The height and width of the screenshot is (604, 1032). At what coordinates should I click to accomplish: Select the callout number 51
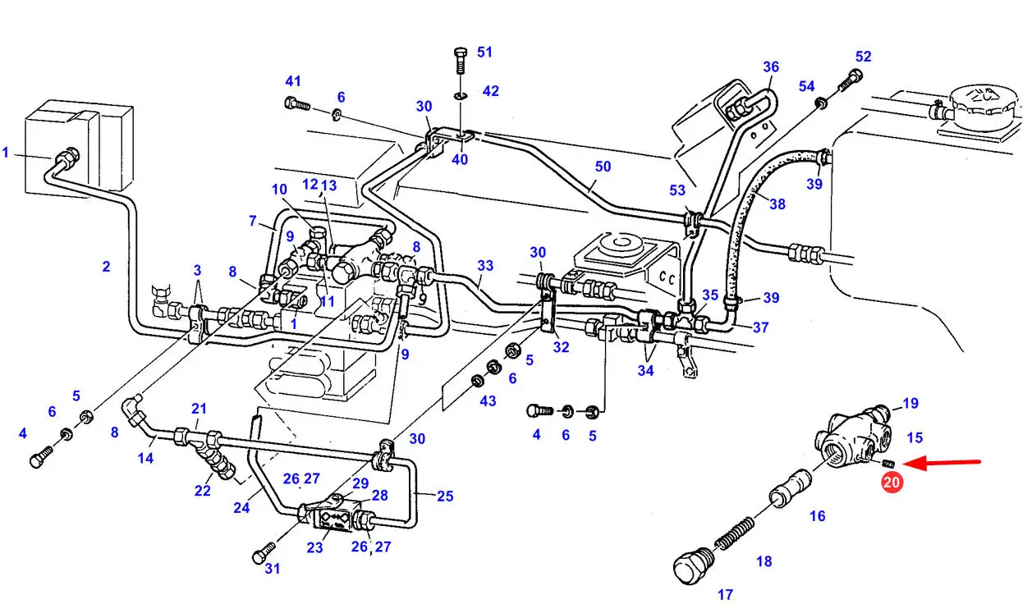pyautogui.click(x=484, y=53)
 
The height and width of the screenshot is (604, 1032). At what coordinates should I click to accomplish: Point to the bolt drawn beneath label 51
pyautogui.click(x=460, y=62)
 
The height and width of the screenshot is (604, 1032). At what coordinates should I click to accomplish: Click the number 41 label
pyautogui.click(x=293, y=80)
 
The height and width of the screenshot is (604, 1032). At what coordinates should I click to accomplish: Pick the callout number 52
pyautogui.click(x=863, y=57)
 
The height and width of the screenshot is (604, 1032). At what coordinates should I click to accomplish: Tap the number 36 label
pyautogui.click(x=770, y=67)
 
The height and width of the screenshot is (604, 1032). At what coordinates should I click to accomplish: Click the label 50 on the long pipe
pyautogui.click(x=603, y=167)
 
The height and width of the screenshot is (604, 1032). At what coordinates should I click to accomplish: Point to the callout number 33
pyautogui.click(x=485, y=265)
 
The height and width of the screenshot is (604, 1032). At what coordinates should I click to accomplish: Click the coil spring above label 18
pyautogui.click(x=735, y=533)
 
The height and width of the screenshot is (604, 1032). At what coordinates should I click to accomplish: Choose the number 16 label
pyautogui.click(x=817, y=516)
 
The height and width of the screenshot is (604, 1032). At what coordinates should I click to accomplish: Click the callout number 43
pyautogui.click(x=488, y=400)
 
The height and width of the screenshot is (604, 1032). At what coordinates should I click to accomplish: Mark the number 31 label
pyautogui.click(x=273, y=568)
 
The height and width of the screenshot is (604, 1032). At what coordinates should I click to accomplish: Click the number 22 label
pyautogui.click(x=202, y=491)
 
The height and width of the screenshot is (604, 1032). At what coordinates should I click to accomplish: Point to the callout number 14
pyautogui.click(x=145, y=458)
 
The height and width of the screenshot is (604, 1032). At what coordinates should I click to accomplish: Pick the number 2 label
pyautogui.click(x=106, y=266)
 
